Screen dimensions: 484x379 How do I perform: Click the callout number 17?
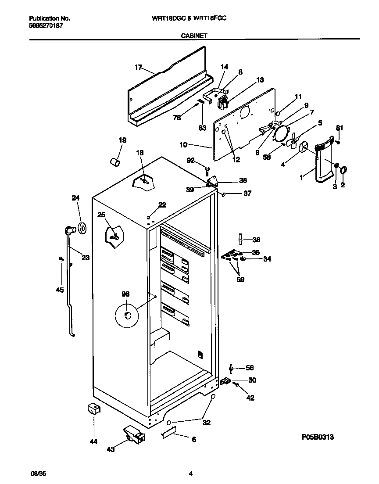[139, 67]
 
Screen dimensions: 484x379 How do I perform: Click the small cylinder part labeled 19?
[115, 163]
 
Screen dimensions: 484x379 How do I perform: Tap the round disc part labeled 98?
[126, 315]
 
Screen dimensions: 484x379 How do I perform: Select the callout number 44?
[93, 441]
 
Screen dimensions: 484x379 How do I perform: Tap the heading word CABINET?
[194, 37]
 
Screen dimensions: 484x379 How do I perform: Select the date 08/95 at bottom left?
[38, 473]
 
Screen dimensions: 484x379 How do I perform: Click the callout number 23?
[85, 258]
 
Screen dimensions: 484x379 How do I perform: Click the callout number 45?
[60, 290]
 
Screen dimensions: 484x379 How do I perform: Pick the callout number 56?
[250, 368]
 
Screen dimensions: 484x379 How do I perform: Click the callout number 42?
[250, 398]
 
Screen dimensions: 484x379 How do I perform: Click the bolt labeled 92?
[207, 169]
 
